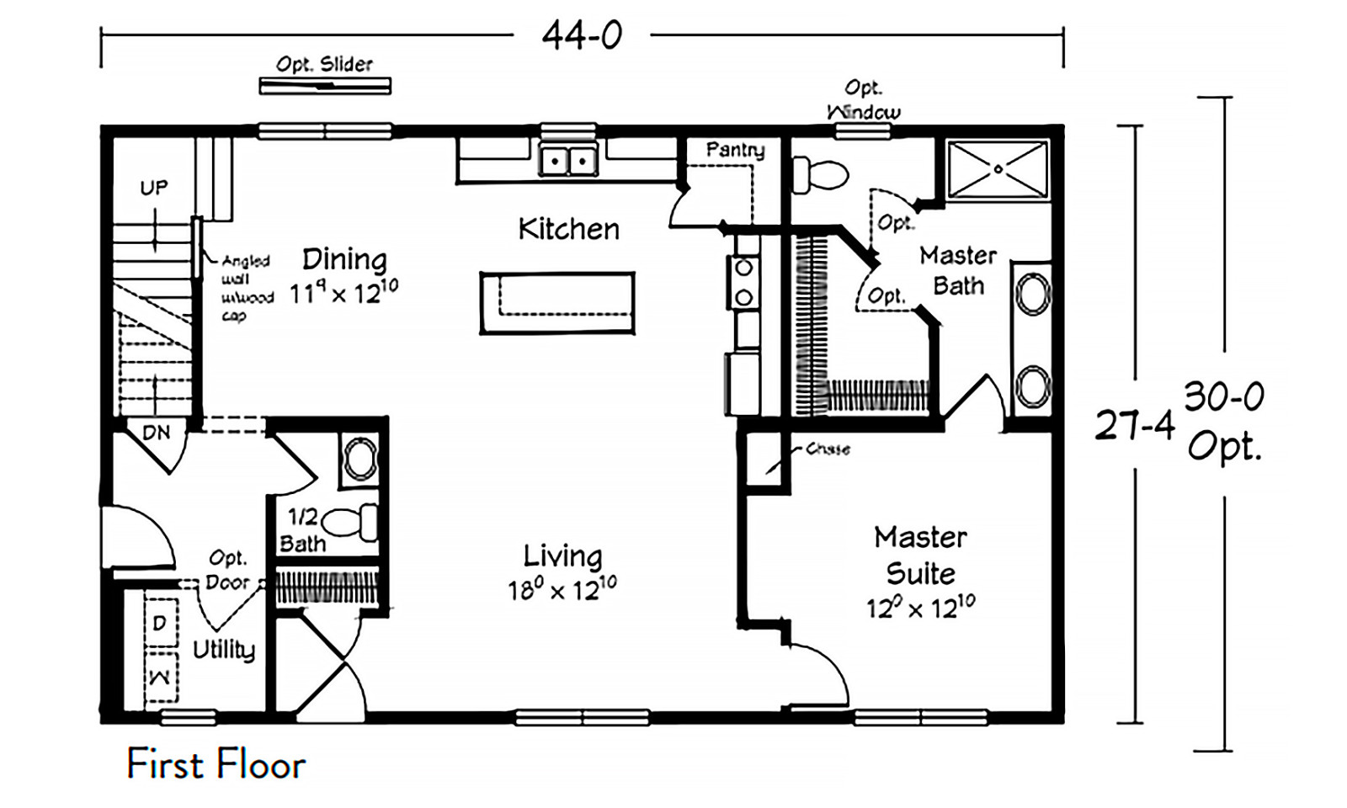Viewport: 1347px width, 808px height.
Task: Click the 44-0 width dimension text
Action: (582, 35)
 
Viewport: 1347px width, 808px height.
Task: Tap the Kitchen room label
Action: (568, 229)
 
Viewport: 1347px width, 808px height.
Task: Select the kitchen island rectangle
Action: (557, 303)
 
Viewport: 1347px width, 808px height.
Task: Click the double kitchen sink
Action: (568, 160)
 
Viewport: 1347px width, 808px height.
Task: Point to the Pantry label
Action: (735, 150)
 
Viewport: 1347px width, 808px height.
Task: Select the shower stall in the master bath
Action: (998, 170)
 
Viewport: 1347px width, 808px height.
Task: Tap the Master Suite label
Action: (920, 555)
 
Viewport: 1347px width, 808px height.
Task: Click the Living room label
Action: (562, 555)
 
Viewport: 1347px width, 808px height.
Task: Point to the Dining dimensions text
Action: (343, 291)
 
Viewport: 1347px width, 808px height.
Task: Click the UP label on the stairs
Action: (154, 187)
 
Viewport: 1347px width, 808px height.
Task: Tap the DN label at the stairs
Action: (157, 433)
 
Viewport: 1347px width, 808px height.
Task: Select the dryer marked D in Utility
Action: (160, 623)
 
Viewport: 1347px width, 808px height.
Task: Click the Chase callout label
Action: (828, 449)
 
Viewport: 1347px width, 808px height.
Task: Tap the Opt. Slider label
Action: (324, 64)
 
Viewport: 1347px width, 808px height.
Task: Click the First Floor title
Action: (216, 764)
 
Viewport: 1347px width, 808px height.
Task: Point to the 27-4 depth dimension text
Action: (1134, 426)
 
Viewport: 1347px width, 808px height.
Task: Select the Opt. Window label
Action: (864, 99)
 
